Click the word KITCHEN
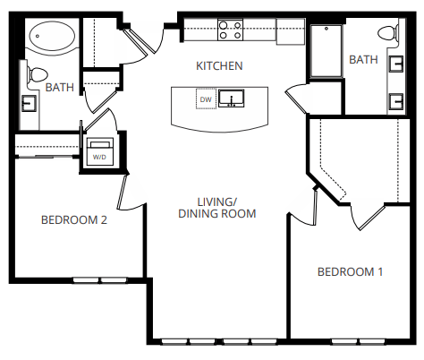pyautogui.click(x=220, y=66)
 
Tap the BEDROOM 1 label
pyautogui.click(x=351, y=272)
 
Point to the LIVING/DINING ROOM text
pyautogui.click(x=217, y=208)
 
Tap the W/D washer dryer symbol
pyautogui.click(x=98, y=150)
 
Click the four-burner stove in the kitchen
pyautogui.click(x=231, y=30)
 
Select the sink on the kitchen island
pyautogui.click(x=234, y=98)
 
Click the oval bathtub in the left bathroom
pyautogui.click(x=52, y=37)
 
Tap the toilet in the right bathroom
pyautogui.click(x=387, y=34)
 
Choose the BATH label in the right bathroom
pyautogui.click(x=363, y=60)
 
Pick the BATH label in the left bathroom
pyautogui.click(x=59, y=88)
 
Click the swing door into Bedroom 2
pyautogui.click(x=123, y=189)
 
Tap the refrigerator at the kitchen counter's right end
pyautogui.click(x=291, y=30)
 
